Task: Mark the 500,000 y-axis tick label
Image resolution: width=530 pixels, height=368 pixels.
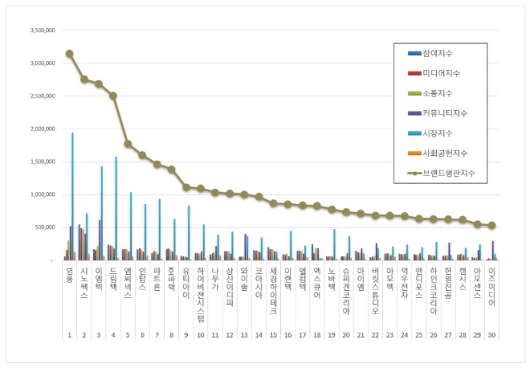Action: [x=43, y=227]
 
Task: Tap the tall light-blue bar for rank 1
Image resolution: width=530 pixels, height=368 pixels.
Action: [x=73, y=197]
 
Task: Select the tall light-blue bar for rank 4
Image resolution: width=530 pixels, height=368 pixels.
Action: [x=116, y=209]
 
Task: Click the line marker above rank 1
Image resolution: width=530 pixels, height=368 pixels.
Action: [x=70, y=54]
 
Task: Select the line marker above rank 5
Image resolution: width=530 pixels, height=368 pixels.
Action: [x=128, y=144]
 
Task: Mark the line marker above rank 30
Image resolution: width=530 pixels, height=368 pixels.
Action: [x=491, y=226]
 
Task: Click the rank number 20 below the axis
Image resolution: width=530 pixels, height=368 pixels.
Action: [x=346, y=334]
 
